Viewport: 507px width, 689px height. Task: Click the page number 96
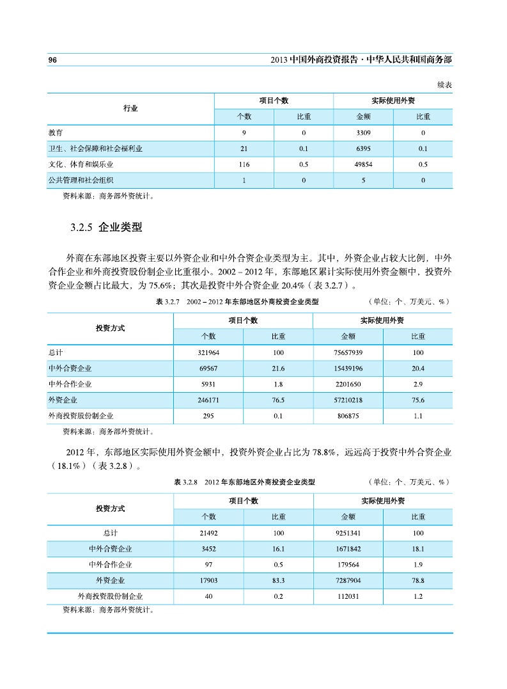(x=53, y=59)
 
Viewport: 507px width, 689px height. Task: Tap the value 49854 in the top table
(x=363, y=164)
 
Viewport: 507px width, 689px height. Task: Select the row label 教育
(x=56, y=133)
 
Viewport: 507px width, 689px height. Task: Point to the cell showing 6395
(x=363, y=149)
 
